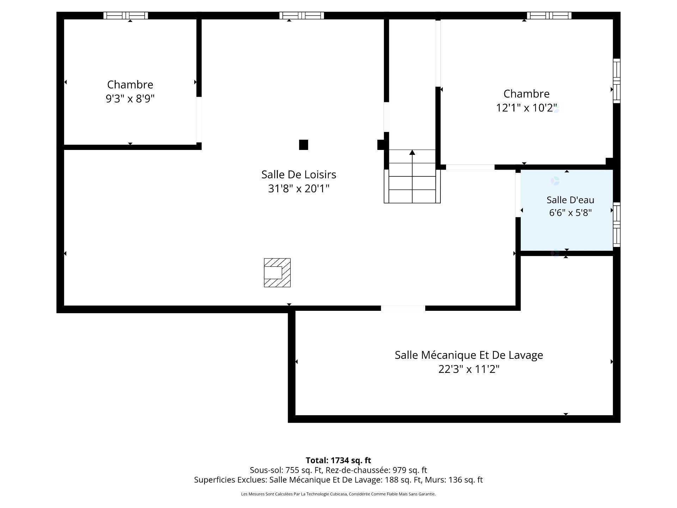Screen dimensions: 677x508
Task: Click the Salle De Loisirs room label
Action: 299,175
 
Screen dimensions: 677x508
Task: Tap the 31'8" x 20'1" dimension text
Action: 299,189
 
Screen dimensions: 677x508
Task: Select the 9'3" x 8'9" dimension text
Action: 130,99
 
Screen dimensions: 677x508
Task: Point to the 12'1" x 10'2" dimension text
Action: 526,108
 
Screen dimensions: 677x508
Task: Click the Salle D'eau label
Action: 570,200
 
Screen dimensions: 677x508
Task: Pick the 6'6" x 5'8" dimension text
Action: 570,213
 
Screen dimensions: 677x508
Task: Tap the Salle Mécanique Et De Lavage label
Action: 469,355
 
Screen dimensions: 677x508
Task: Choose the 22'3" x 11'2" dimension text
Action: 469,369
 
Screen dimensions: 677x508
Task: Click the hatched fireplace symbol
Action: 277,273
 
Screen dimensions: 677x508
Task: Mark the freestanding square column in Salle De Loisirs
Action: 304,145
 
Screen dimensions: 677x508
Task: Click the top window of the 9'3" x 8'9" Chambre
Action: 126,16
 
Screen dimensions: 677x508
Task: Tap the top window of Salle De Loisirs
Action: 301,16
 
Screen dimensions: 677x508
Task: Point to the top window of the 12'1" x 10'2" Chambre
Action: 549,16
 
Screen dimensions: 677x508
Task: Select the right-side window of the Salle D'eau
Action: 617,224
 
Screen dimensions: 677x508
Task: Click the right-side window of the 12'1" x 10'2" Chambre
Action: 617,81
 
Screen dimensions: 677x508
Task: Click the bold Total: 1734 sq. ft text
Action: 338,460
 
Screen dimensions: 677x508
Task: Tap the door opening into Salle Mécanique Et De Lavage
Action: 403,308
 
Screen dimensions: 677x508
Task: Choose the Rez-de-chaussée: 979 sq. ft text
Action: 376,470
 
